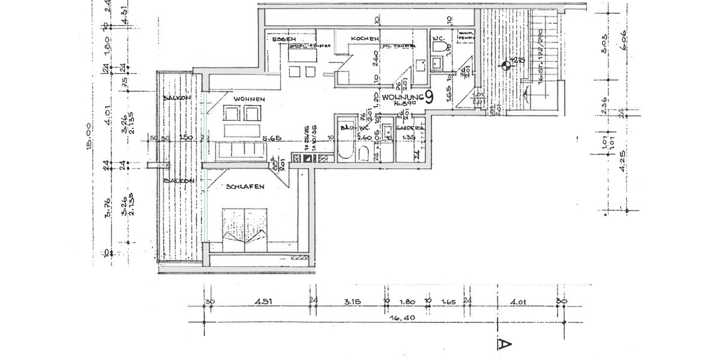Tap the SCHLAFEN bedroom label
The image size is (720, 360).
point(245,187)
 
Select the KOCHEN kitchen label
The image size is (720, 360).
point(365,39)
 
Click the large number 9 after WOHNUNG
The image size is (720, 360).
point(429,98)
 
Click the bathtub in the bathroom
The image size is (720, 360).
point(345,144)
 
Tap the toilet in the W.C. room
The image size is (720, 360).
point(441,46)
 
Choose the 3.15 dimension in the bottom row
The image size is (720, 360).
point(351,302)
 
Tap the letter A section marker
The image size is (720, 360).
point(504,344)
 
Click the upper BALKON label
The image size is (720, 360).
point(176,98)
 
